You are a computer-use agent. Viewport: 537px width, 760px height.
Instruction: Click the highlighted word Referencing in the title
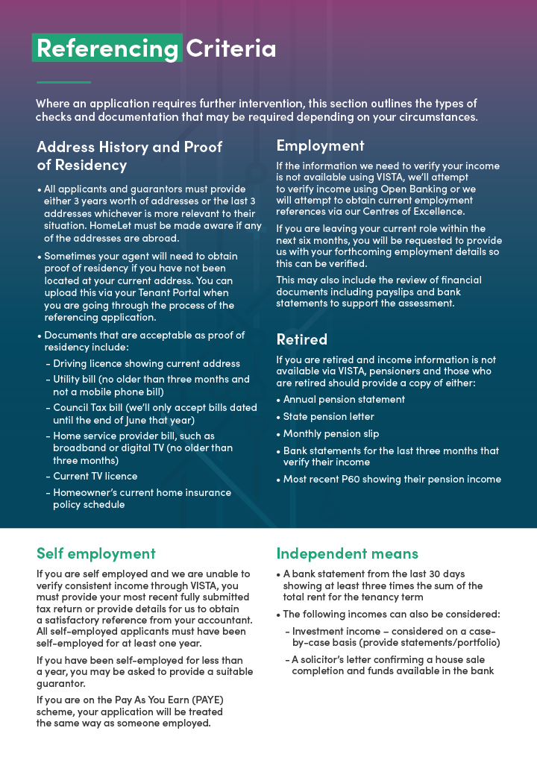tap(107, 48)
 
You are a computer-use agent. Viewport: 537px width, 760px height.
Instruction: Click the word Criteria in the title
tap(230, 48)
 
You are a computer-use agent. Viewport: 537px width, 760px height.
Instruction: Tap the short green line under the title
tap(63, 82)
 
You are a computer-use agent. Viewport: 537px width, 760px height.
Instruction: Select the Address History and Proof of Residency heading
tap(129, 156)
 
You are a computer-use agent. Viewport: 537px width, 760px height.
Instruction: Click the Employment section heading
tap(320, 145)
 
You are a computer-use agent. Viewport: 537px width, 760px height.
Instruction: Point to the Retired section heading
tap(301, 339)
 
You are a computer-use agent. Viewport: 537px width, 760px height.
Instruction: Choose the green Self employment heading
tap(95, 553)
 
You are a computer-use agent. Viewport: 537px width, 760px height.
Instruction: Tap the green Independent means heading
tap(347, 553)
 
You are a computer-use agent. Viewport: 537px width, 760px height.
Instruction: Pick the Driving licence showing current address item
tap(146, 363)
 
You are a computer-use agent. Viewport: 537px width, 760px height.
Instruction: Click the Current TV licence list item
tap(95, 476)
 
